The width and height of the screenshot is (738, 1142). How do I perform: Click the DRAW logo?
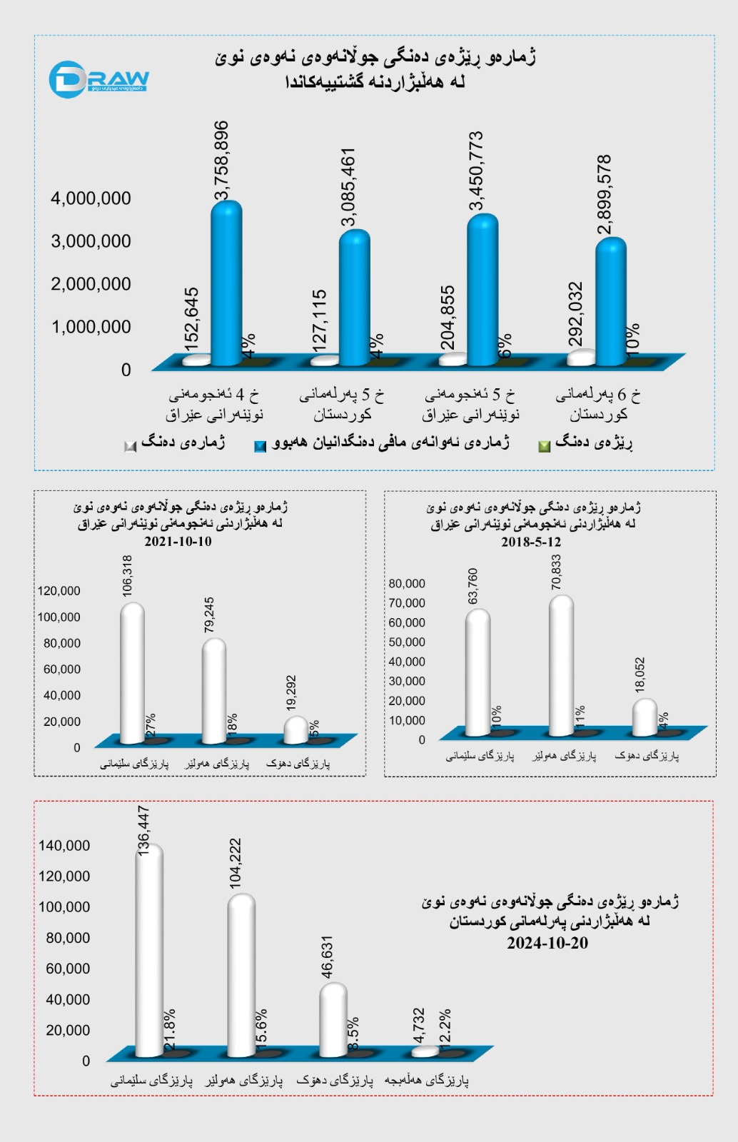(x=98, y=79)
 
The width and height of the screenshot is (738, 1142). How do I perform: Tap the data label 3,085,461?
(x=348, y=187)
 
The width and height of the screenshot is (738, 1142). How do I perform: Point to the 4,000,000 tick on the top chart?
(x=91, y=198)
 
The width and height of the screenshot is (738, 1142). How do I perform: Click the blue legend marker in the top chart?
(x=260, y=446)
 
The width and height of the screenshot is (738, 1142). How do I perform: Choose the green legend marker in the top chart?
(x=544, y=446)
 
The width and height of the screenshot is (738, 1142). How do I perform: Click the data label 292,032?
(x=575, y=314)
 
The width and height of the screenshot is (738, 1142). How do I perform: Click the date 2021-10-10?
(x=178, y=541)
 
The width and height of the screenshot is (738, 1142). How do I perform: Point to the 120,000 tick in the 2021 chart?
(x=59, y=591)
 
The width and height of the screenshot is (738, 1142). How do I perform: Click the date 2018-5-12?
(x=531, y=542)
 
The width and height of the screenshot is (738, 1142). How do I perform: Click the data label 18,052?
(x=640, y=674)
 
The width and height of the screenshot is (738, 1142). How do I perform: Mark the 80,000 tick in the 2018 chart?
(x=407, y=584)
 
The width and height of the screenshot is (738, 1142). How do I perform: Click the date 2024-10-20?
(x=547, y=943)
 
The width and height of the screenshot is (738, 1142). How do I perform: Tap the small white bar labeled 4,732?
(x=425, y=1051)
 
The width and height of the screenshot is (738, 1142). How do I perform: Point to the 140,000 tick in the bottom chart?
(x=64, y=846)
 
